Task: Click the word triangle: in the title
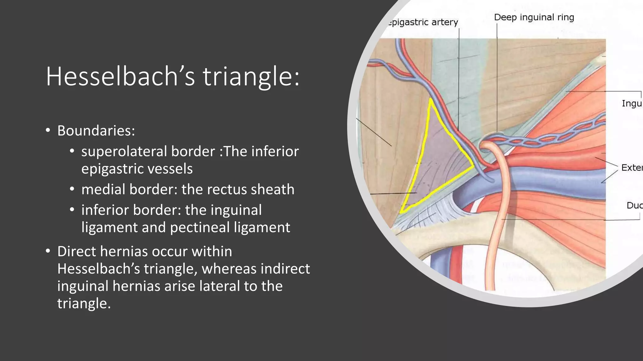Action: click(251, 76)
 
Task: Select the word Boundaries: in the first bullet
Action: click(96, 131)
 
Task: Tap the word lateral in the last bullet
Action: click(220, 286)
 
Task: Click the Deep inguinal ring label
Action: click(534, 17)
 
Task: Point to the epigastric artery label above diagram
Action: click(423, 22)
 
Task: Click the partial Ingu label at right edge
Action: click(632, 103)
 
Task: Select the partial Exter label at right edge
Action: click(632, 168)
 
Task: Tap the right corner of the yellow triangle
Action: click(473, 166)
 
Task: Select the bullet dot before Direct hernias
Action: click(48, 251)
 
